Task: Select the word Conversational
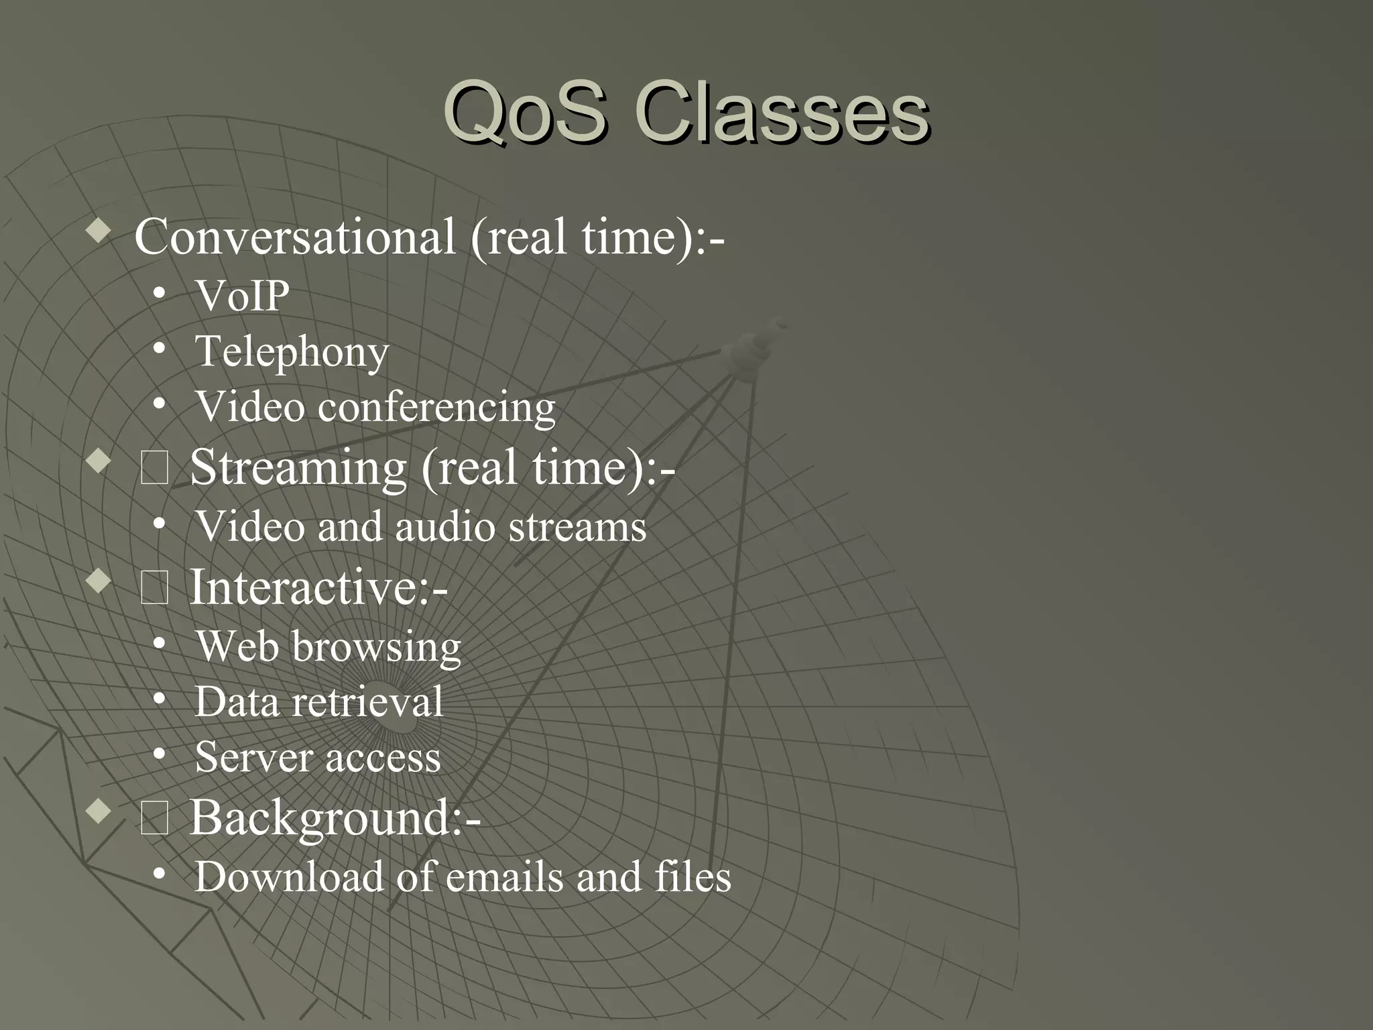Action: pyautogui.click(x=295, y=237)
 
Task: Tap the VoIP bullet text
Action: pyautogui.click(x=242, y=296)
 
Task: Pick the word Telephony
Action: pyautogui.click(x=292, y=352)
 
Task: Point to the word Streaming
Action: pyautogui.click(x=298, y=467)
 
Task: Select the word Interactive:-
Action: pyautogui.click(x=318, y=587)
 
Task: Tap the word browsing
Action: pyautogui.click(x=376, y=648)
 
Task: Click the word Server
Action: pyautogui.click(x=253, y=758)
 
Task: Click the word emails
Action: pyautogui.click(x=504, y=877)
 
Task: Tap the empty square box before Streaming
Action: pyautogui.click(x=155, y=469)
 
